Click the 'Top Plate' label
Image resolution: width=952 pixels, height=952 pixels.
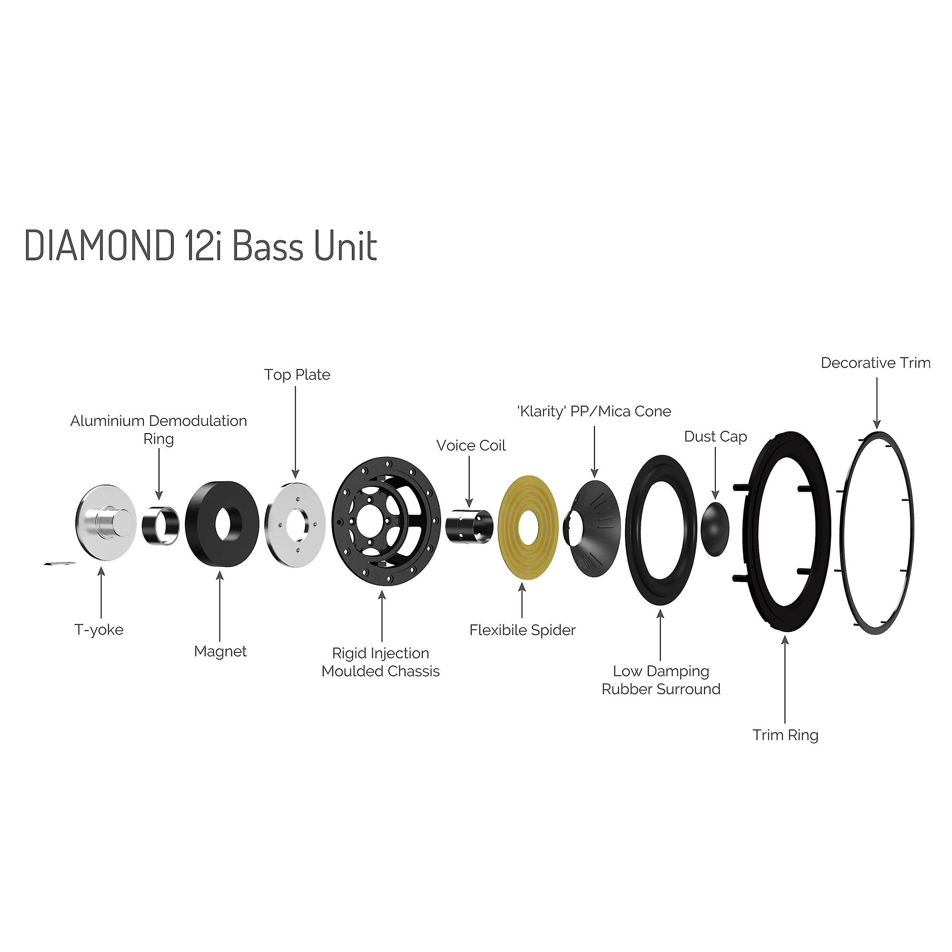coord(297,375)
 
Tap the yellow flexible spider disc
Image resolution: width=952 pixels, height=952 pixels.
coord(513,527)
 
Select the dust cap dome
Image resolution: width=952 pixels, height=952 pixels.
coord(714,529)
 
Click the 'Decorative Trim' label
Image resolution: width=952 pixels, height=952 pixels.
coord(875,363)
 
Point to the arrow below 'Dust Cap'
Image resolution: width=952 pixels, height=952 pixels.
coord(715,473)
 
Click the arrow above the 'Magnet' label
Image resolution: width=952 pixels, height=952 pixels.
coord(220,606)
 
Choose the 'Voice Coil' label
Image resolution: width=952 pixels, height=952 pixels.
coord(471,446)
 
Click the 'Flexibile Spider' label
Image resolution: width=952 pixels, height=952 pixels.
coord(522,630)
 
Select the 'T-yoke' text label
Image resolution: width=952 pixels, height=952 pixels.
coord(99,630)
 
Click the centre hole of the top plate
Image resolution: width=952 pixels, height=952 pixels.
coord(297,523)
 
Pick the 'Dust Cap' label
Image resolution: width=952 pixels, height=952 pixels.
coord(715,436)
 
